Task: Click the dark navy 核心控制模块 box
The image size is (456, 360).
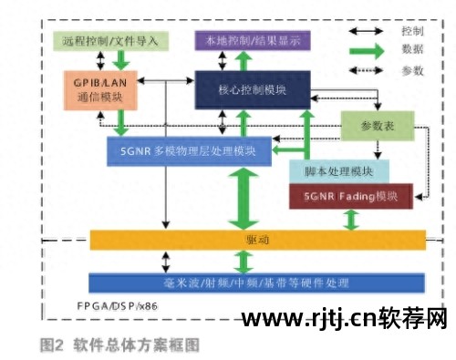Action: pyautogui.click(x=254, y=91)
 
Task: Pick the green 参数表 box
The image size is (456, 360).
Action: pyautogui.click(x=369, y=125)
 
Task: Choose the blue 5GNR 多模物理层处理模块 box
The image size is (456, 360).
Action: pyautogui.click(x=188, y=150)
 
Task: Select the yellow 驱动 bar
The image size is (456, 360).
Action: pyautogui.click(x=257, y=239)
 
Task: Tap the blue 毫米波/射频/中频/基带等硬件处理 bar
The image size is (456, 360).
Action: pyautogui.click(x=257, y=283)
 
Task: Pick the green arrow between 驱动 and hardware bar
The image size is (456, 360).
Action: pyautogui.click(x=242, y=261)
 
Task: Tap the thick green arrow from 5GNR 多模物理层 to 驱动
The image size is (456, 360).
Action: pyautogui.click(x=242, y=197)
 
